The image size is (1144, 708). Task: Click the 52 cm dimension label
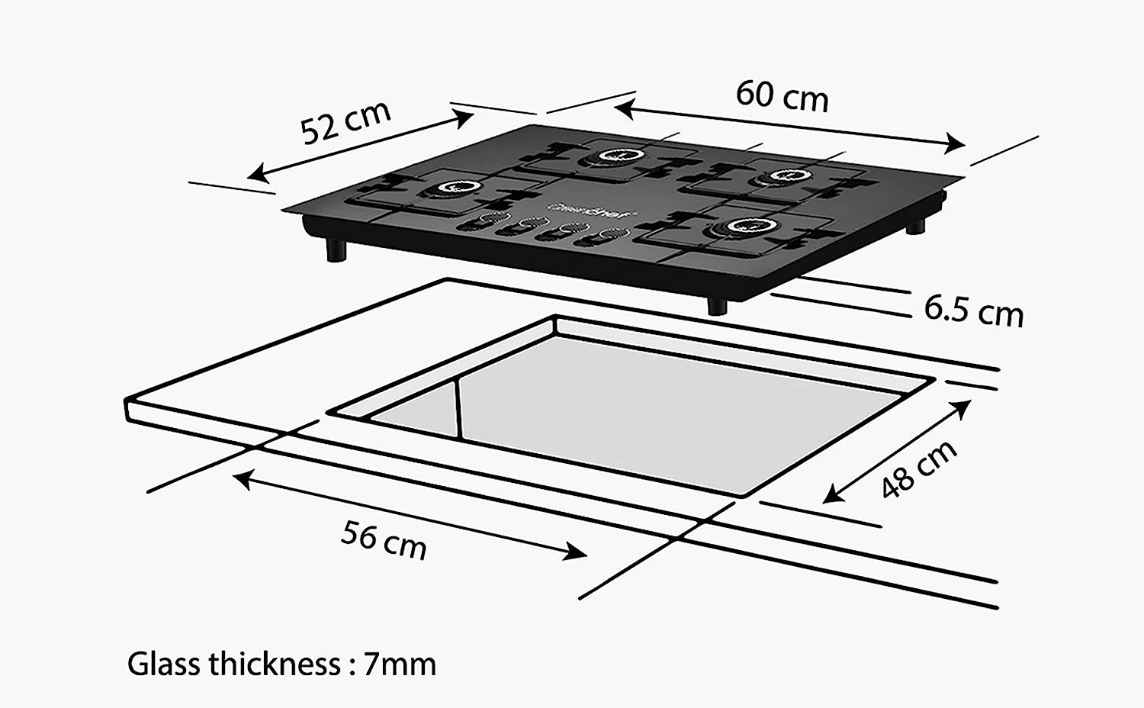click(345, 121)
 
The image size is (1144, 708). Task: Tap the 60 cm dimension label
click(782, 96)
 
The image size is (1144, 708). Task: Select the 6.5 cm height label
click(973, 310)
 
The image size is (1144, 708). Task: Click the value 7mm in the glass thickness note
click(400, 664)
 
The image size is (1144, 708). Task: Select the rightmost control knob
click(608, 236)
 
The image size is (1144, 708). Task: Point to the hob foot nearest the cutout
click(717, 305)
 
